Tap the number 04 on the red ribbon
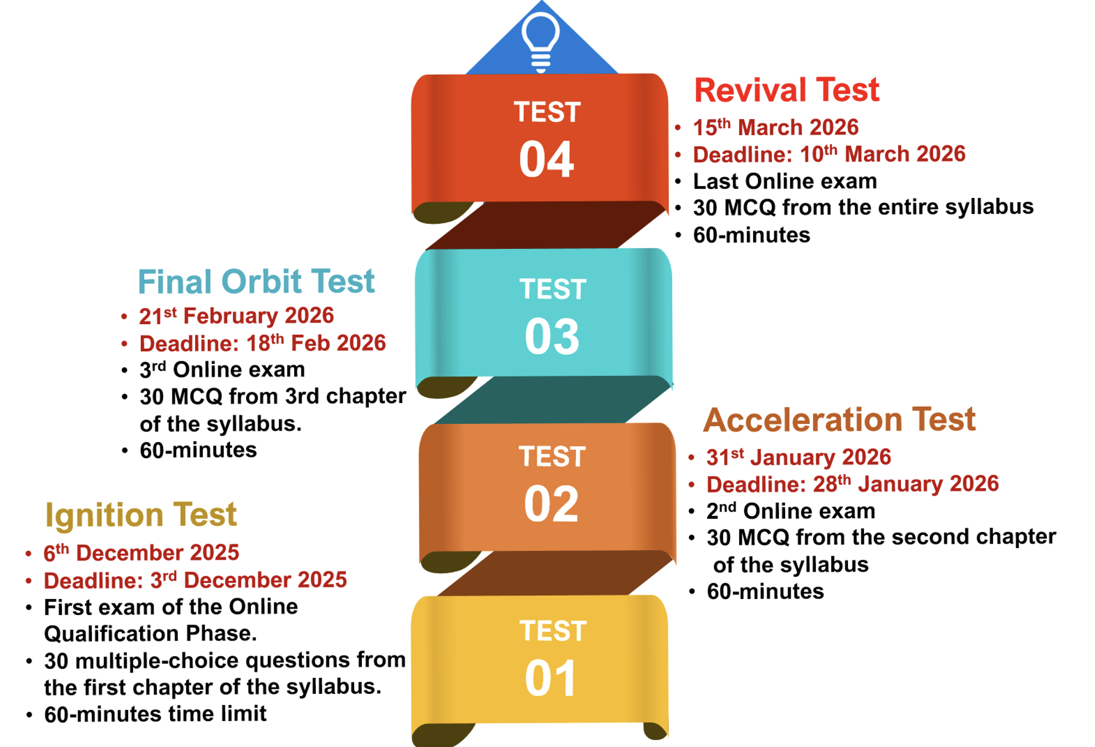click(x=546, y=160)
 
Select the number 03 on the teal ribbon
click(x=552, y=336)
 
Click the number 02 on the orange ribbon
click(x=551, y=504)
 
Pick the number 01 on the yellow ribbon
click(x=551, y=678)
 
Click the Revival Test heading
click(x=787, y=90)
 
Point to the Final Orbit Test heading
click(x=256, y=281)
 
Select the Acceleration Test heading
click(x=839, y=419)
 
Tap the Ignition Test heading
click(x=141, y=515)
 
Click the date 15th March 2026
click(x=776, y=127)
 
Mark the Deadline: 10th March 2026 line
click(x=829, y=154)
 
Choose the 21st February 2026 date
click(x=237, y=316)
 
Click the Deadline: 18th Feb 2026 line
click(x=263, y=343)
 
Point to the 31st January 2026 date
click(x=799, y=457)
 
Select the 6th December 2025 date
click(x=141, y=552)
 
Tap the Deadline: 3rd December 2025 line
click(x=195, y=580)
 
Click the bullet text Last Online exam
click(x=785, y=181)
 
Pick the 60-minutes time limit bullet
click(x=155, y=714)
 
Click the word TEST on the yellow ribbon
click(x=552, y=631)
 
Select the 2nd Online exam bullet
click(x=791, y=511)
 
